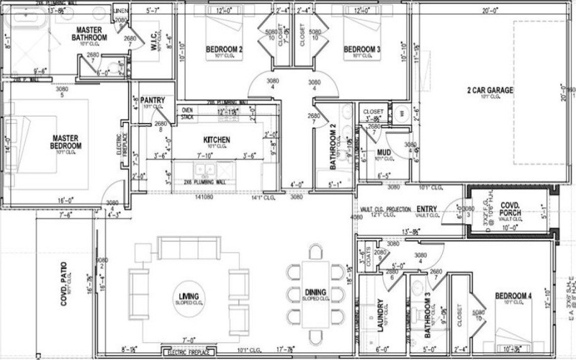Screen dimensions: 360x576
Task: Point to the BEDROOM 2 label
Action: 224,50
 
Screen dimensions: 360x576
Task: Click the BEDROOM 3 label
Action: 361,50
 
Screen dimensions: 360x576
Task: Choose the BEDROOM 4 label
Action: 514,296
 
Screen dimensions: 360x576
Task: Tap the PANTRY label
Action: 153,100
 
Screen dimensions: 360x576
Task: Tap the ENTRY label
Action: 426,210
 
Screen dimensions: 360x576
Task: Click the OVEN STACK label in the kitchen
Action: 186,113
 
